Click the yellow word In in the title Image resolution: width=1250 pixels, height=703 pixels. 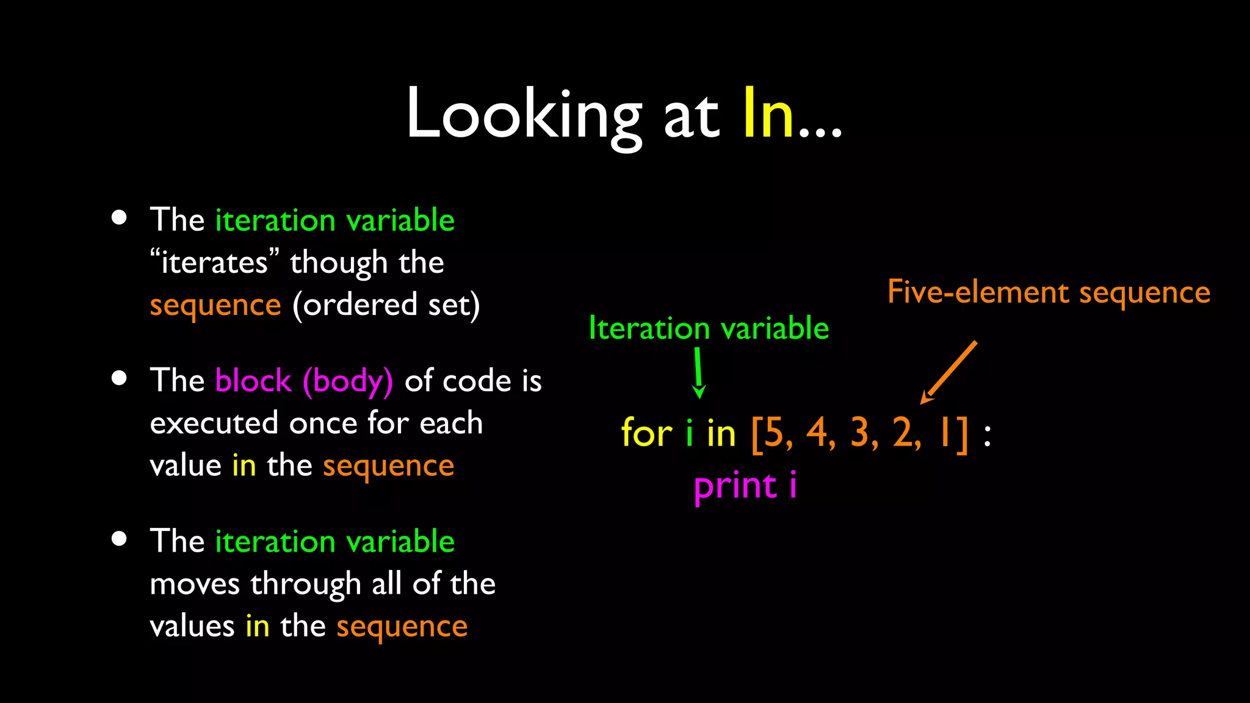pos(768,114)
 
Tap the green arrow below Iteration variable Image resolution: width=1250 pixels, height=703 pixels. pos(699,373)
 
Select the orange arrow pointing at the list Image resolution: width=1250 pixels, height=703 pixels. pos(949,372)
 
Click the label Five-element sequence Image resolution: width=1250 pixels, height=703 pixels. pos(1048,292)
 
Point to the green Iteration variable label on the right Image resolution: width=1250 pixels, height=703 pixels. pos(709,328)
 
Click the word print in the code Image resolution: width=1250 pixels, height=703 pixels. pos(735,487)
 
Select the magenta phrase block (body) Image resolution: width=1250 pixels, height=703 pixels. pos(304,381)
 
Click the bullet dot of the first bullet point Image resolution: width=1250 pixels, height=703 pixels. pos(119,218)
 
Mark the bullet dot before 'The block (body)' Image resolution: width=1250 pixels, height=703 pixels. pos(119,378)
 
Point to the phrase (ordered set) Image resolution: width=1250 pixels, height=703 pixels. pos(386,305)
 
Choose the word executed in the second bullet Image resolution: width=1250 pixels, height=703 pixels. pos(214,423)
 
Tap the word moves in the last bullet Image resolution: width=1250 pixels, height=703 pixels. pos(194,584)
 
